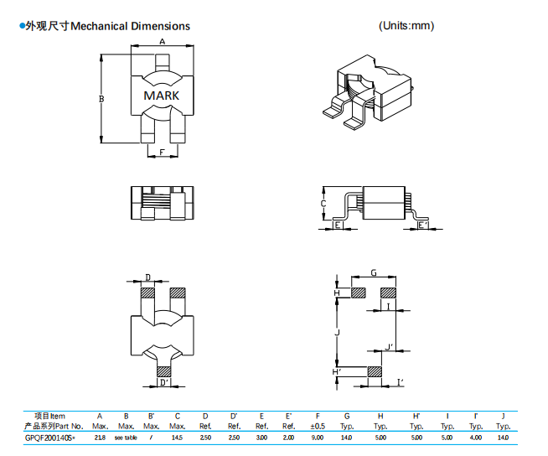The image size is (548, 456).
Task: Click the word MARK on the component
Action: (161, 96)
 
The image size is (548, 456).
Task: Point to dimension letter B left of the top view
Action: (101, 100)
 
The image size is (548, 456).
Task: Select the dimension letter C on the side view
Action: (323, 204)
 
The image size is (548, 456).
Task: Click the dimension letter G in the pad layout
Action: (373, 273)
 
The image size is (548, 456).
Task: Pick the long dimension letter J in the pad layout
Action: (337, 333)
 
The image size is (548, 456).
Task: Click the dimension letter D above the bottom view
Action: (148, 277)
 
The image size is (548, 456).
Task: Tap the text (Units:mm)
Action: (406, 26)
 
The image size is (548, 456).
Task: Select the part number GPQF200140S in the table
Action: (50, 438)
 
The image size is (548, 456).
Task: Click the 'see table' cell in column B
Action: (125, 438)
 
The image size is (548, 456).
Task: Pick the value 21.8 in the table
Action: (100, 438)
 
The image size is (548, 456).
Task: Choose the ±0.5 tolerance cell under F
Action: (316, 427)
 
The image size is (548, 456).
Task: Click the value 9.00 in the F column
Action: (316, 438)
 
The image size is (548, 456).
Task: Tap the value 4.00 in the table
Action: (476, 438)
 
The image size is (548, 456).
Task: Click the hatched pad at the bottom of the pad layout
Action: (375, 370)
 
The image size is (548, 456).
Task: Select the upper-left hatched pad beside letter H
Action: (358, 293)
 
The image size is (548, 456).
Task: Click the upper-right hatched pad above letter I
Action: (389, 293)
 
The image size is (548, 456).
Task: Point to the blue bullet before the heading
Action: (21, 26)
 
